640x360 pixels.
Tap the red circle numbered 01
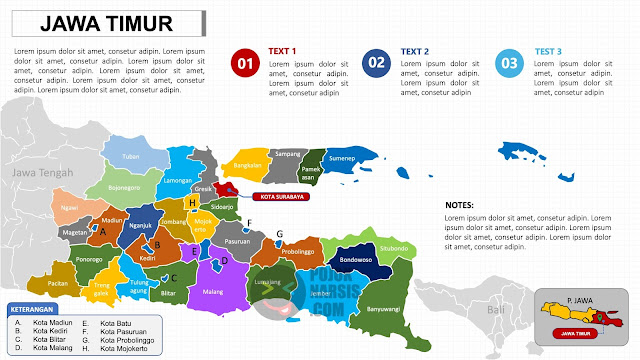pos(244,64)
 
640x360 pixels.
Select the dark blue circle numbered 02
pos(376,64)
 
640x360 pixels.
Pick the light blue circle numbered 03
pos(509,64)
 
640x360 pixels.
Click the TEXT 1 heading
pos(283,51)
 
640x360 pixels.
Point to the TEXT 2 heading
pos(415,51)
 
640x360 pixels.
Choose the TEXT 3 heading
pos(548,51)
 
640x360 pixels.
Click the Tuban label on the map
pos(130,157)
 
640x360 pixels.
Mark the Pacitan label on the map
pos(58,283)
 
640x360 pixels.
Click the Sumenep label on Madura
pos(343,158)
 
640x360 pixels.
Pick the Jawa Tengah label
pos(37,174)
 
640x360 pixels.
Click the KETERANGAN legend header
pos(31,309)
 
